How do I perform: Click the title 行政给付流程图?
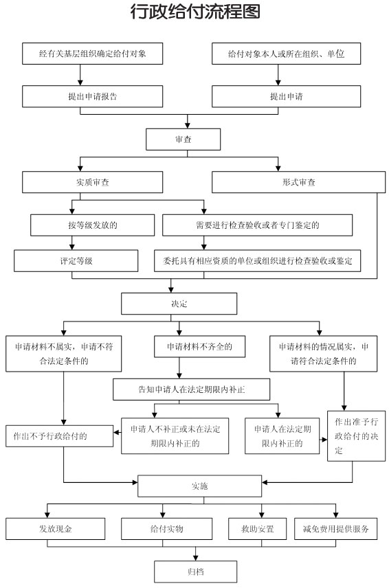(x=195, y=12)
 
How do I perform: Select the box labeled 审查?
(x=183, y=139)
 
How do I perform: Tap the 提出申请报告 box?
(x=92, y=96)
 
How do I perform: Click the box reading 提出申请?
(x=286, y=96)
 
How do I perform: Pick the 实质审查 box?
(x=92, y=182)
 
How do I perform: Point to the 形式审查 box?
(x=298, y=182)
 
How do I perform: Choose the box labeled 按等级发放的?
(x=92, y=225)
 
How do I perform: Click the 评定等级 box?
(x=76, y=260)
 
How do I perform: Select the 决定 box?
(x=179, y=304)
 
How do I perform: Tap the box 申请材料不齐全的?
(x=199, y=346)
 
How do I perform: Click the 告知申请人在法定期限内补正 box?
(x=191, y=389)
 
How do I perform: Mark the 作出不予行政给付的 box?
(x=59, y=436)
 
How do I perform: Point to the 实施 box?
(x=199, y=486)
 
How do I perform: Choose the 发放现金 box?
(x=55, y=529)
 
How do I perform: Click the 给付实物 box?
(x=166, y=529)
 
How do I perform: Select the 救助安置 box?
(x=257, y=529)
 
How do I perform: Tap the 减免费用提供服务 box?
(x=335, y=529)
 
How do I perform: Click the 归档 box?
(x=195, y=572)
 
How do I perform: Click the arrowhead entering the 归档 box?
(x=195, y=558)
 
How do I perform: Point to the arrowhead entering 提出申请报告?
(x=80, y=82)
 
